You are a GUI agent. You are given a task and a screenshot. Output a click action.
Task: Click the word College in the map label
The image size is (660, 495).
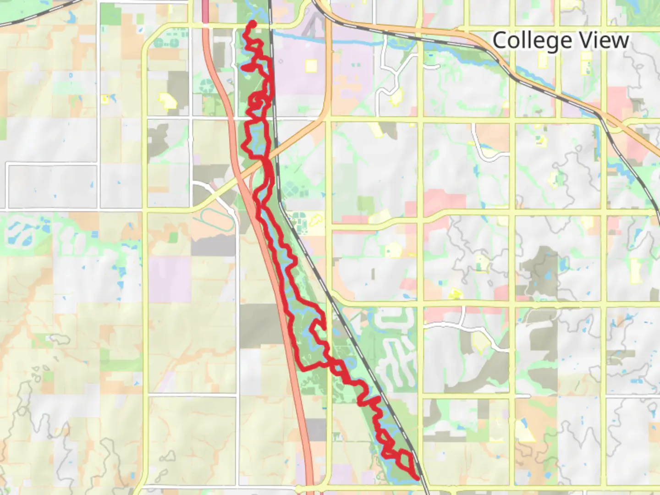526,41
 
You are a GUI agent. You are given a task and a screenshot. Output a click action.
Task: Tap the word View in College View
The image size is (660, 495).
604,40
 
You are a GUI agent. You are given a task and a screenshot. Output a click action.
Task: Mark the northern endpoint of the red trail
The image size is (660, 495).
253,23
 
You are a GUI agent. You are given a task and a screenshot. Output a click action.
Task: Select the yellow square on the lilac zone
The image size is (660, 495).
311,66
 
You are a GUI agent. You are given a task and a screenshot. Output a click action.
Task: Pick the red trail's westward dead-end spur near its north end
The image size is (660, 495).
243,69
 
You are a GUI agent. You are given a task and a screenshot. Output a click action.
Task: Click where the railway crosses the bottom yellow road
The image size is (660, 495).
425,487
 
